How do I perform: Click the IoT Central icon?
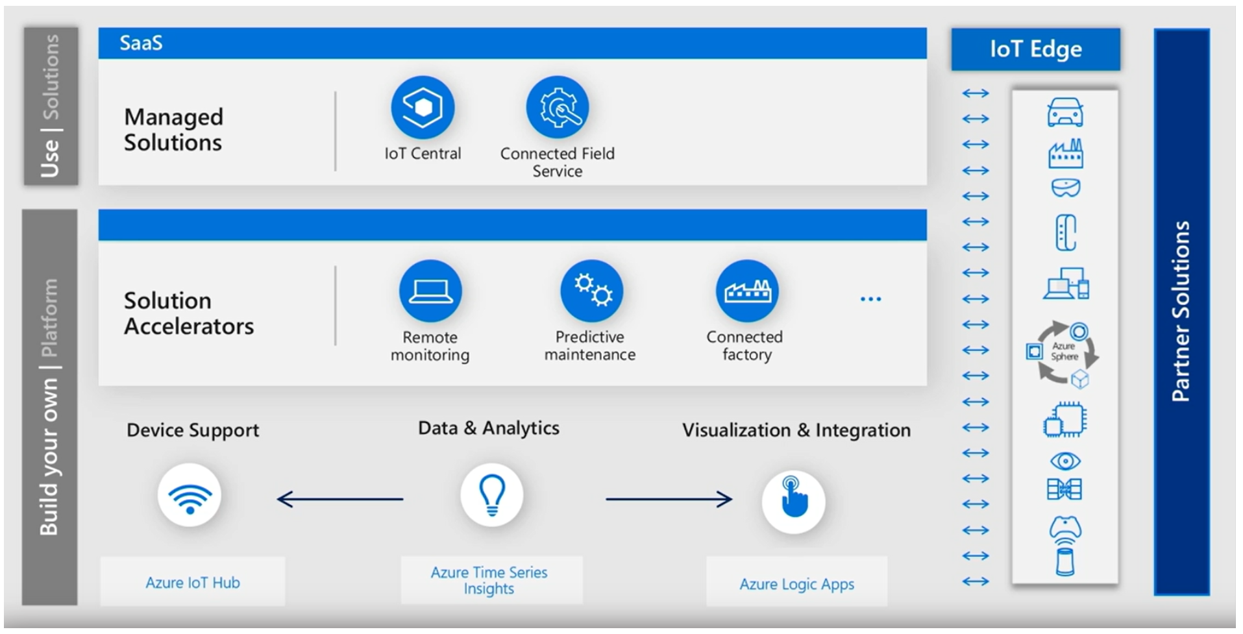pos(423,107)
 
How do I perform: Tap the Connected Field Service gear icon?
pos(558,107)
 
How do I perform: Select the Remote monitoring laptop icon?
pos(430,291)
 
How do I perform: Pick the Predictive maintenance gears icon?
pos(591,291)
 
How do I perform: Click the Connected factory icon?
pos(747,291)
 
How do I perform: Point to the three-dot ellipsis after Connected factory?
pos(870,299)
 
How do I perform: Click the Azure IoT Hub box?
pos(193,582)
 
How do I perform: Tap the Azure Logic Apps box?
pos(796,583)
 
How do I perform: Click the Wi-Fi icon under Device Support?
pos(190,496)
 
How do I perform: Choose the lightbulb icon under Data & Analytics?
pos(492,495)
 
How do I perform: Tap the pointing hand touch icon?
pos(793,502)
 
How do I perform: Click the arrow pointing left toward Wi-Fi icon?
pos(339,499)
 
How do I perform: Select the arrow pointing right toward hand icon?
pos(669,499)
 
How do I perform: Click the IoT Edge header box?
pos(1035,49)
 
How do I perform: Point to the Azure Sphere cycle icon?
pos(1063,354)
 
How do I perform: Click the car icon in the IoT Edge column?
pos(1065,113)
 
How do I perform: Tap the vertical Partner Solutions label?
pos(1181,311)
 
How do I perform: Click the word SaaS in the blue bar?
pos(141,43)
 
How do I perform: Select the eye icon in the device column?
pos(1065,461)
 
